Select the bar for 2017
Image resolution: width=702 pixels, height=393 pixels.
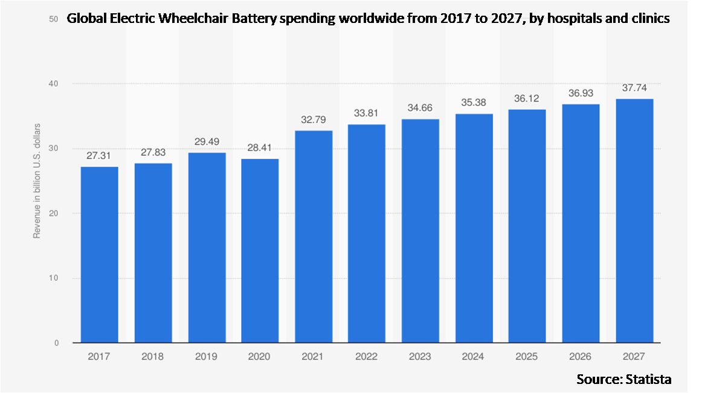pyautogui.click(x=100, y=255)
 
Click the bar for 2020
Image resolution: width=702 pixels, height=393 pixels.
pyautogui.click(x=260, y=251)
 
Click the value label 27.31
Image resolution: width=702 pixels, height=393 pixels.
pyautogui.click(x=100, y=155)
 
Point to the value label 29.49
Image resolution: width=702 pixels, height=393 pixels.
pyautogui.click(x=207, y=141)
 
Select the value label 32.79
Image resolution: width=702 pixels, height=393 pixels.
pyautogui.click(x=314, y=120)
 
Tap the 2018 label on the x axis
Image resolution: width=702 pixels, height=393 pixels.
pyautogui.click(x=153, y=357)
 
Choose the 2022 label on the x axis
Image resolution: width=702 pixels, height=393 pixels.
pyautogui.click(x=367, y=357)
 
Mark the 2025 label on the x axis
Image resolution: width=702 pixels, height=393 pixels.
pyautogui.click(x=527, y=357)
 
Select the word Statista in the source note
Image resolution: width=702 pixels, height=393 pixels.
pyautogui.click(x=649, y=379)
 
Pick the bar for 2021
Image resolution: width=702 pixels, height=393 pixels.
pyautogui.click(x=314, y=237)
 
